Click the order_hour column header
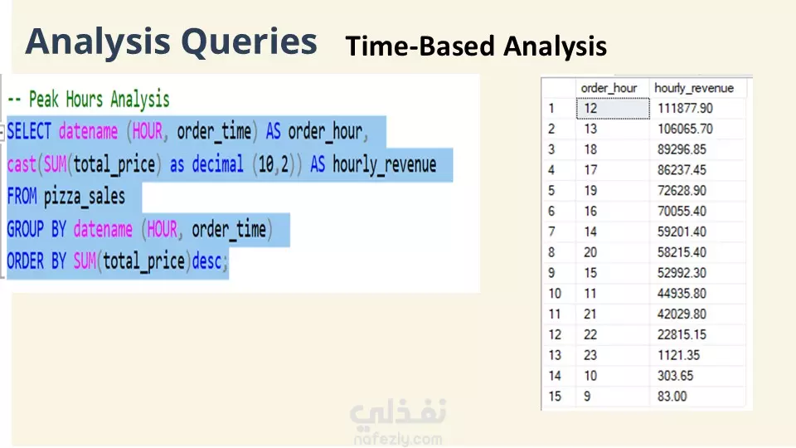609,89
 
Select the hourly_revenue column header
693,89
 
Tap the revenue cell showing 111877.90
685,108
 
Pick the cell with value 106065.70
685,129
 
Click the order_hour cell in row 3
590,150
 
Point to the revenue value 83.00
672,397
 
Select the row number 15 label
555,397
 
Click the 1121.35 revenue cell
678,355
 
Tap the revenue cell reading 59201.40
682,232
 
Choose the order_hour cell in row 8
590,252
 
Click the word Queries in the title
249,41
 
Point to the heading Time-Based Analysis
476,46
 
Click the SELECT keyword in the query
29,132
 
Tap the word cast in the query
22,164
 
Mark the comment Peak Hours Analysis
99,100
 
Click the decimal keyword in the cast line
218,164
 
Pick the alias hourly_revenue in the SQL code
384,165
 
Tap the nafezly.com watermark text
398,439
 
